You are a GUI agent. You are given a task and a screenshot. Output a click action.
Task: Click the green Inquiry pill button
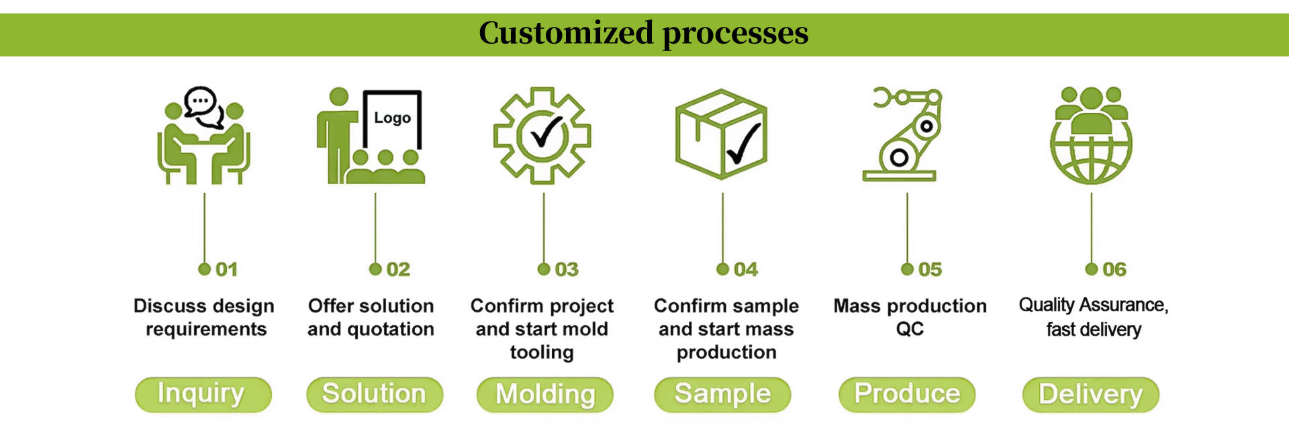click(203, 394)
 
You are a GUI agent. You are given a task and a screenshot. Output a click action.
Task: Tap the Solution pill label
click(375, 394)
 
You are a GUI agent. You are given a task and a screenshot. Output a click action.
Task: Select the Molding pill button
click(545, 394)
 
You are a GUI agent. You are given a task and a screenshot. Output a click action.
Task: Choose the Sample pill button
click(722, 394)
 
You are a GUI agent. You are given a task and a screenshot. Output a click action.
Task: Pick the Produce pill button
click(907, 394)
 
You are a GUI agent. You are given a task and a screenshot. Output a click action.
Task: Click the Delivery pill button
click(1091, 394)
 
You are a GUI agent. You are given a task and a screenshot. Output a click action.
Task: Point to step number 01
click(227, 269)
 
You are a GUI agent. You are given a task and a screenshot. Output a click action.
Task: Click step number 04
click(746, 269)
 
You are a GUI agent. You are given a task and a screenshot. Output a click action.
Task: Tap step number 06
click(1114, 269)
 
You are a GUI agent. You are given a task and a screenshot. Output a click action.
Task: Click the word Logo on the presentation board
click(393, 118)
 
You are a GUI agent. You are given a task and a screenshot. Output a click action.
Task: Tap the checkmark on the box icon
click(744, 143)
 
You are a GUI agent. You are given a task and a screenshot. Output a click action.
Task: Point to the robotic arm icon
click(903, 134)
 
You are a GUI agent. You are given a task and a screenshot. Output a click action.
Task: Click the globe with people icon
click(1091, 135)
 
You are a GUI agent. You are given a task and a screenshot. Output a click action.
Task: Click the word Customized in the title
click(566, 33)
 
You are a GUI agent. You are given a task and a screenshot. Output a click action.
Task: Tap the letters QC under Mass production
click(910, 329)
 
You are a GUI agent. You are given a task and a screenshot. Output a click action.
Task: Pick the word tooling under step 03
click(542, 353)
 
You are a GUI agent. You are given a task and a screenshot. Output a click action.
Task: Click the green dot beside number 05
click(907, 269)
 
